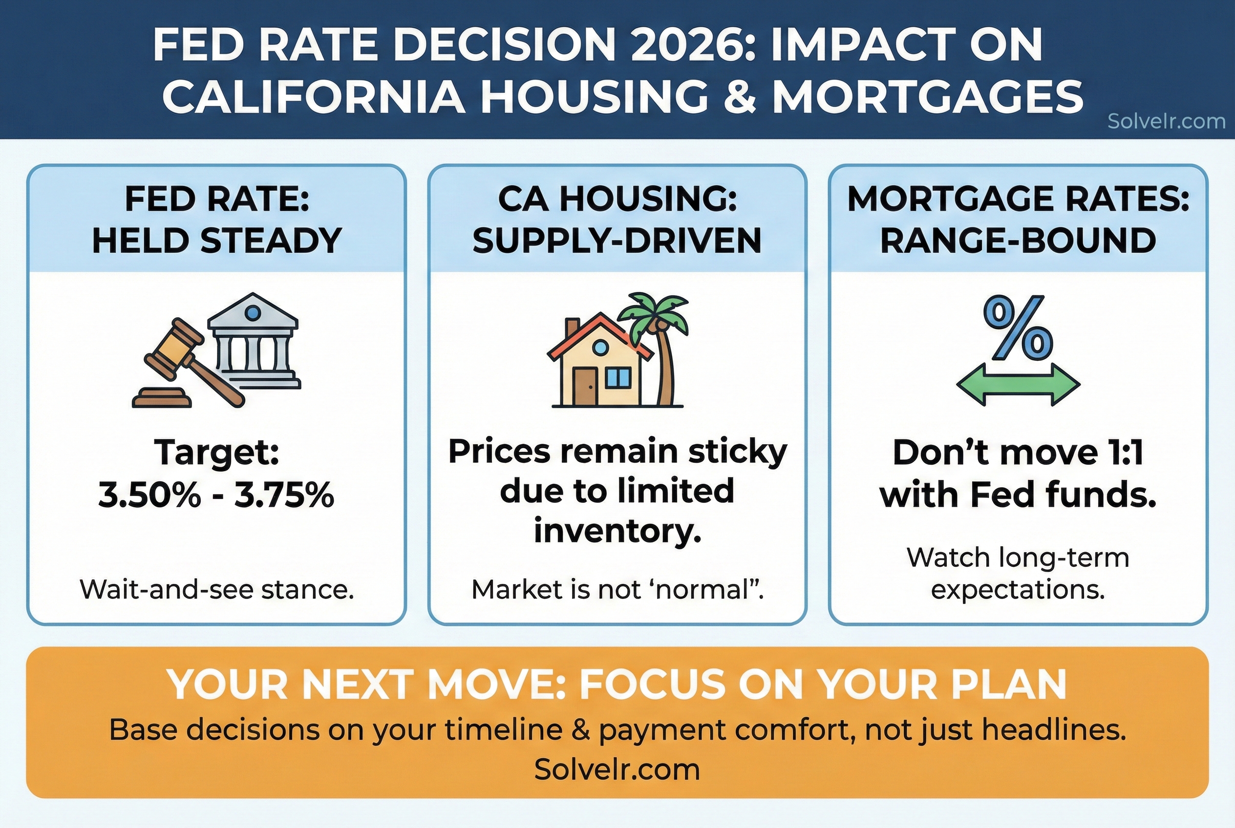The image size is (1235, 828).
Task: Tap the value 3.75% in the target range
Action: pyautogui.click(x=284, y=496)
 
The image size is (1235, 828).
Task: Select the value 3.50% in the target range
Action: pyautogui.click(x=149, y=496)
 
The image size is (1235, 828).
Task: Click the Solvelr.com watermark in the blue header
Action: pyautogui.click(x=1166, y=122)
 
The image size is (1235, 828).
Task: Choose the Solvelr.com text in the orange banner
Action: pyautogui.click(x=617, y=769)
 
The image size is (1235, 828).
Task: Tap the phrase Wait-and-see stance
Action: pyautogui.click(x=217, y=590)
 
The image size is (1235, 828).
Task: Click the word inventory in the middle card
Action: pyautogui.click(x=617, y=531)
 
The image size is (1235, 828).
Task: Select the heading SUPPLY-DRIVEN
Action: pyautogui.click(x=617, y=241)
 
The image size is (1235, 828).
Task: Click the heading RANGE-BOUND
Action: pyautogui.click(x=1018, y=241)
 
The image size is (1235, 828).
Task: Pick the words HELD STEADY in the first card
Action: pyautogui.click(x=217, y=241)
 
